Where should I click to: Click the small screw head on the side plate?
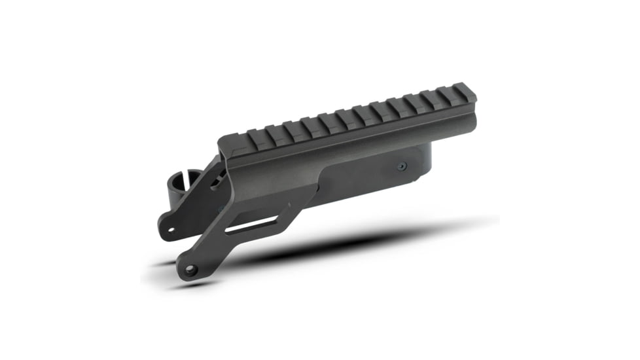click(x=402, y=166)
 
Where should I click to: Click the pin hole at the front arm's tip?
click(x=190, y=270)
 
